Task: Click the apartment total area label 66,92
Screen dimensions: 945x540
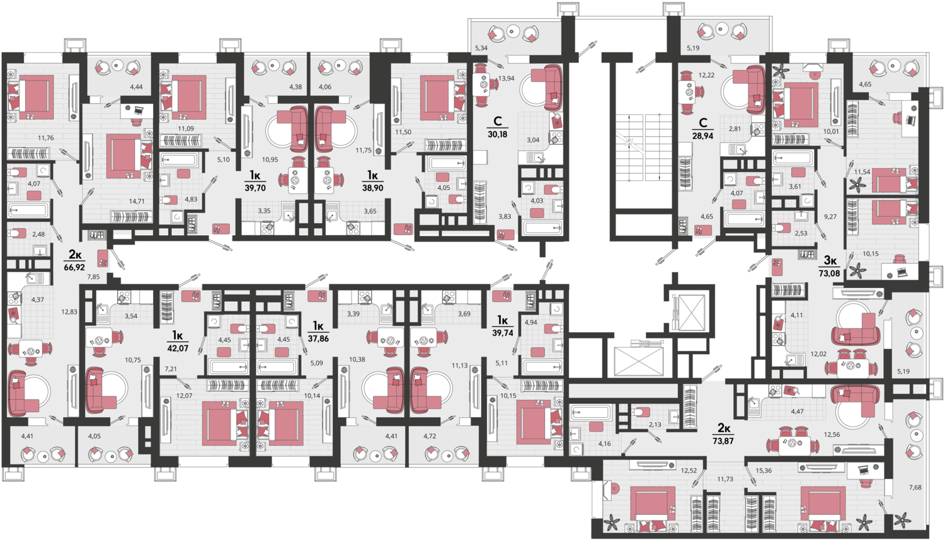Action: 74,267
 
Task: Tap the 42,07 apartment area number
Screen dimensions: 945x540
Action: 178,348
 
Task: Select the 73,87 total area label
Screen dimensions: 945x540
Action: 724,441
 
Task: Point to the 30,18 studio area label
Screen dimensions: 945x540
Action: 498,134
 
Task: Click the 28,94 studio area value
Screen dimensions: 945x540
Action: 702,136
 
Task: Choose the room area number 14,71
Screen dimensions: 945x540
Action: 136,201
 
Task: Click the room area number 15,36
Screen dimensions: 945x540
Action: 764,471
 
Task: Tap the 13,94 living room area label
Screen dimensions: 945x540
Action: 507,78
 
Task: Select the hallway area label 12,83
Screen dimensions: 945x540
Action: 69,312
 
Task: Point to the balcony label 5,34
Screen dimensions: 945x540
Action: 481,48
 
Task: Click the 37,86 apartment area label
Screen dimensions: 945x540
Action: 318,338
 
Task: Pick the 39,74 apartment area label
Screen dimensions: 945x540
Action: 503,333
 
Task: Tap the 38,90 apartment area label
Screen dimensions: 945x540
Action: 372,188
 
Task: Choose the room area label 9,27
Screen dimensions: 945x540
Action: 830,216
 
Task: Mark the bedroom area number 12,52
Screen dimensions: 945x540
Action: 689,471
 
